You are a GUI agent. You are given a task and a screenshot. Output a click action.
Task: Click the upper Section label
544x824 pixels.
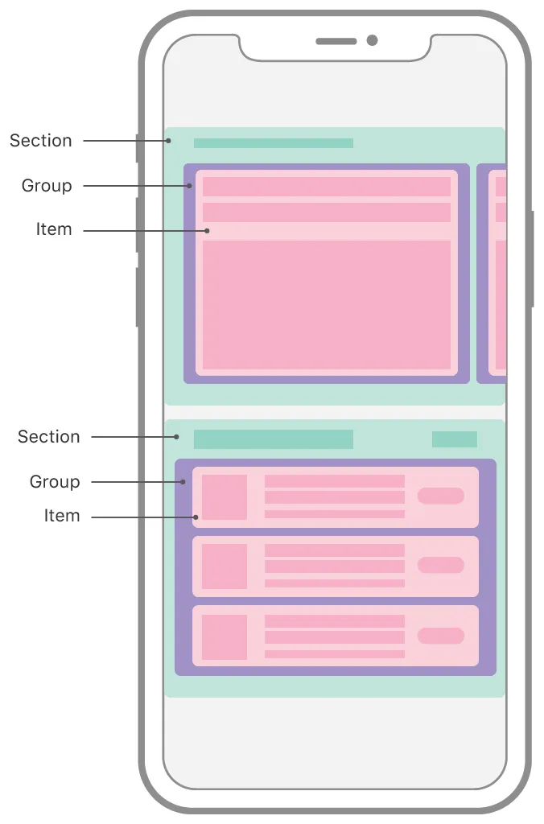pos(40,141)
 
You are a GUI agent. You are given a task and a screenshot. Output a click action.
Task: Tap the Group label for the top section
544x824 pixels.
pos(47,186)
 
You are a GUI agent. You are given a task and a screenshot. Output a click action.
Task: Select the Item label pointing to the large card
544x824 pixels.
pos(54,229)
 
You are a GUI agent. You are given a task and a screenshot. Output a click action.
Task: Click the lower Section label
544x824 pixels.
pos(48,437)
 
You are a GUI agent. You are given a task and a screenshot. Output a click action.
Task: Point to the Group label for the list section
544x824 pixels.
pos(55,482)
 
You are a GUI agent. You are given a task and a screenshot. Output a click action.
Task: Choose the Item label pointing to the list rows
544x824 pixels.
pos(62,516)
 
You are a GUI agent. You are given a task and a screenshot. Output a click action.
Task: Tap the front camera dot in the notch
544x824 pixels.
pos(372,40)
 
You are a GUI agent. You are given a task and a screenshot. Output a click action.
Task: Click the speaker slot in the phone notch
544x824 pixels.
pos(336,41)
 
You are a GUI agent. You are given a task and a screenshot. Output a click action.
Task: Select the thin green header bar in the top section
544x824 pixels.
pos(274,143)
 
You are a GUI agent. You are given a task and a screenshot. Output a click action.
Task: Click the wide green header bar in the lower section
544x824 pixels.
pos(274,439)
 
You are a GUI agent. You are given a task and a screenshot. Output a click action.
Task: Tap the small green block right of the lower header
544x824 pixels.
pos(455,439)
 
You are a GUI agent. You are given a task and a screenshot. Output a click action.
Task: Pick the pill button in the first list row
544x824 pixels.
pos(440,496)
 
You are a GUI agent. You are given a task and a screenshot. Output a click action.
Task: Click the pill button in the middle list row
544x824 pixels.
pos(440,565)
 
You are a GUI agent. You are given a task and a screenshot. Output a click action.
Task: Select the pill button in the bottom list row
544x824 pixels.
pos(440,636)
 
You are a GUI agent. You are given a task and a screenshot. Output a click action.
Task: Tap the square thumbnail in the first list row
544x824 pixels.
pos(225,497)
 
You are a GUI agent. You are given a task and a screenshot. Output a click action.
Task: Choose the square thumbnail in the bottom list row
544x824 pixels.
pos(225,637)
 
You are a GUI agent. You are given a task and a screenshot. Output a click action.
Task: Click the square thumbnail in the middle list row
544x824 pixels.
pos(225,566)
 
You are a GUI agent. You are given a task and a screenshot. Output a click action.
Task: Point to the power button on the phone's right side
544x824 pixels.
pos(532,259)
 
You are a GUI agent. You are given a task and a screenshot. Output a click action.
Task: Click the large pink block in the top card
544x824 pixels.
pos(327,305)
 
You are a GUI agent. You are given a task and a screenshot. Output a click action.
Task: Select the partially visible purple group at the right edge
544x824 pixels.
pos(491,274)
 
